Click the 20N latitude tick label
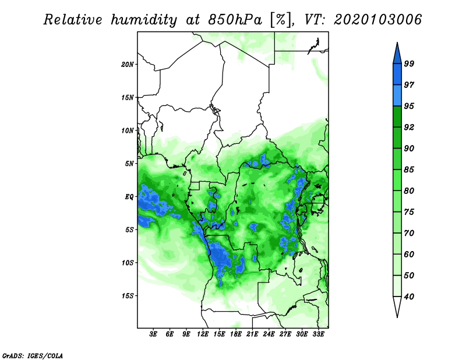click(127, 64)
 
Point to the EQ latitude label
click(129, 197)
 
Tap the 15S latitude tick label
click(128, 296)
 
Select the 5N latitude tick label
click(129, 164)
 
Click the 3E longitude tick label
click(153, 334)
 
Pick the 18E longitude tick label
click(236, 334)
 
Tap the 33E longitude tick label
click(318, 334)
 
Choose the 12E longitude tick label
click(203, 334)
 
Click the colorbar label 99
click(409, 63)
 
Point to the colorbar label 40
click(409, 297)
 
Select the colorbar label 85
click(409, 170)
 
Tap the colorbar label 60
click(409, 254)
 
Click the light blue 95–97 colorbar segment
click(397, 96)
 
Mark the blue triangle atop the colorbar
click(397, 54)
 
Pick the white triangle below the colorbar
click(397, 307)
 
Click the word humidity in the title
click(144, 20)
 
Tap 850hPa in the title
click(235, 20)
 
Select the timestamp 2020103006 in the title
click(377, 20)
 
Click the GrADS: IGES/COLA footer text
click(33, 355)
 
